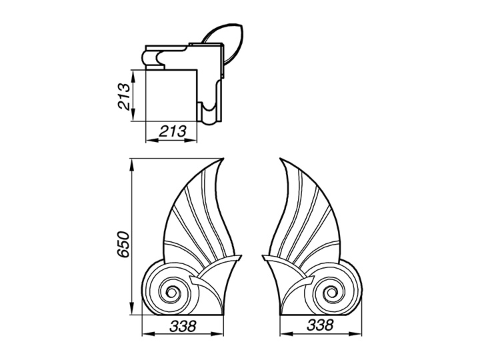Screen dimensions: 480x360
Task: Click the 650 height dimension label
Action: [124, 244]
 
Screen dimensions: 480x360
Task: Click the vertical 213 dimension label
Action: [124, 96]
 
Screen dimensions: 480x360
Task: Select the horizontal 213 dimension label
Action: [173, 131]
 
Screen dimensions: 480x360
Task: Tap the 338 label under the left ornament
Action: [183, 326]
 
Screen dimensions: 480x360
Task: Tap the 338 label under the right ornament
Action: [321, 325]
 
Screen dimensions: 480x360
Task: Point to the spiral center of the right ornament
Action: [331, 293]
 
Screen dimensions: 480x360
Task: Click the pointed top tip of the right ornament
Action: [280, 159]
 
